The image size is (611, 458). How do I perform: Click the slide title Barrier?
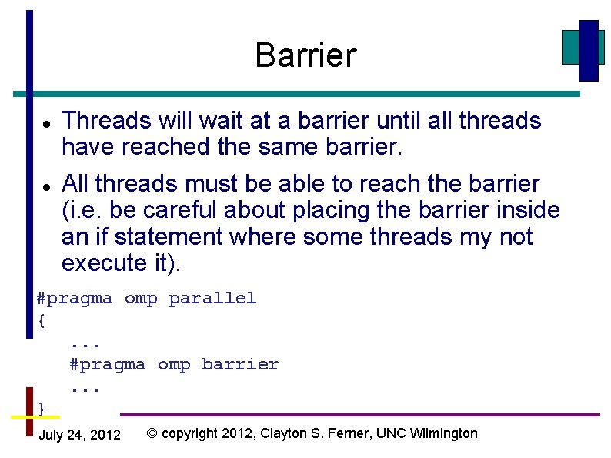coord(305,55)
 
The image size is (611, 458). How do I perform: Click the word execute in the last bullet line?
coord(100,263)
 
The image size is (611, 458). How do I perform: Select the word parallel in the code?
coord(212,299)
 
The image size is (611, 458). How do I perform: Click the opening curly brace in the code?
coord(42,320)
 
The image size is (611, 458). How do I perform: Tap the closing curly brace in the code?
coord(42,407)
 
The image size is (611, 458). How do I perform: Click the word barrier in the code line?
coord(240,364)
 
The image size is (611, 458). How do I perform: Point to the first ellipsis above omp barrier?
coord(85,343)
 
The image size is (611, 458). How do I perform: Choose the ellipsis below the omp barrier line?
coord(85,386)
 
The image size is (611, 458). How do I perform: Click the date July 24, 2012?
coord(79,435)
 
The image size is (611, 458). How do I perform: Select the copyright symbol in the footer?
coord(152,433)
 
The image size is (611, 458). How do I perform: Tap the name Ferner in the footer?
coord(351,433)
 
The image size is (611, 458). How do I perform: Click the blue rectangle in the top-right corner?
coord(588,50)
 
